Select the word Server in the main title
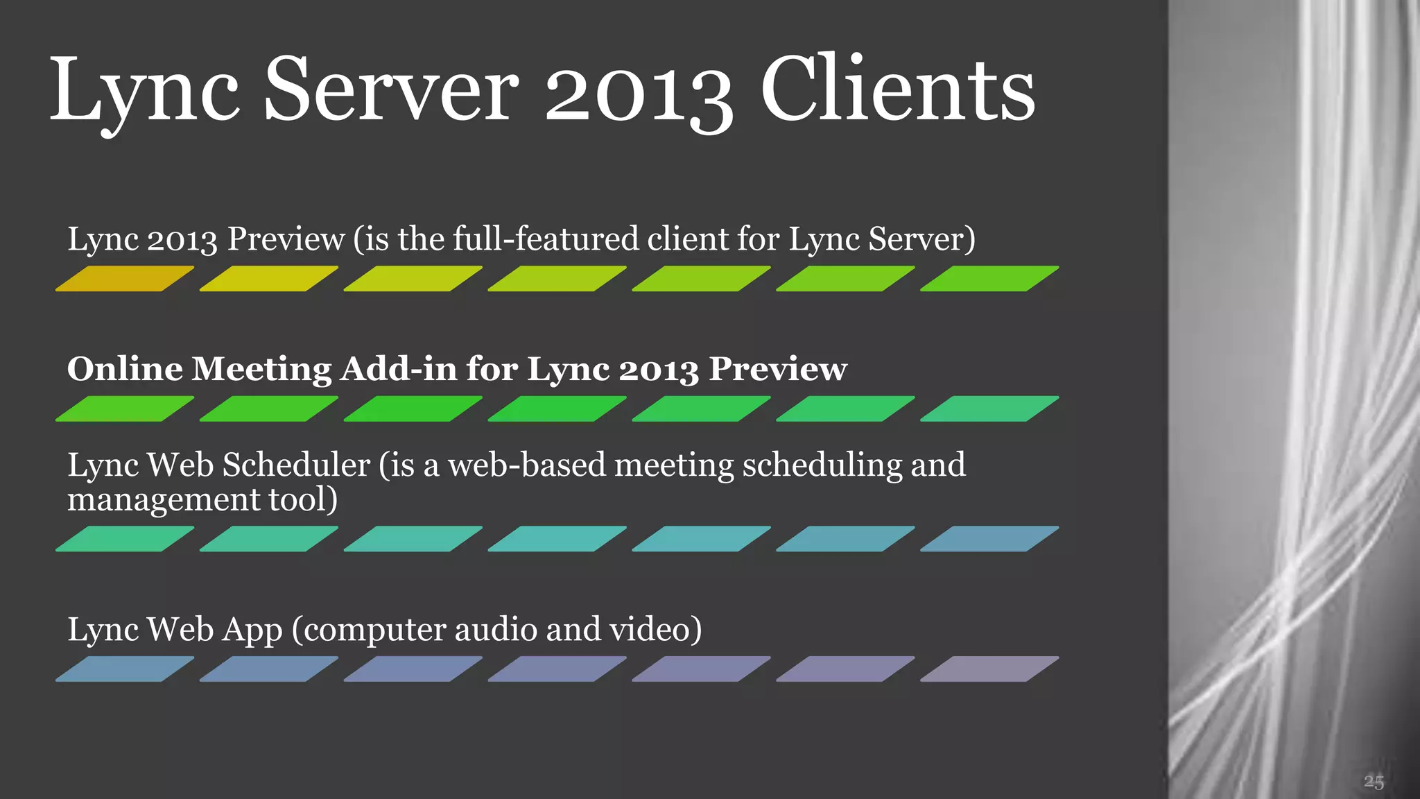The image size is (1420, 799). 391,90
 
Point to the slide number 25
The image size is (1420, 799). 1374,782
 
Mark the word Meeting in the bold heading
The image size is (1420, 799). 262,370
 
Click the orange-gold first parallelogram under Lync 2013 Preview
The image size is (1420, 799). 124,279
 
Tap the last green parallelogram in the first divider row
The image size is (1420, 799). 989,279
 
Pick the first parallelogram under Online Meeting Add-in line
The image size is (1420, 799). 124,409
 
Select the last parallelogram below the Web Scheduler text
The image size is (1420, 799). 989,539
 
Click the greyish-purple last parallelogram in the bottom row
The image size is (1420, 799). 989,669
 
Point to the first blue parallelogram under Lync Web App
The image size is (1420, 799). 124,669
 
